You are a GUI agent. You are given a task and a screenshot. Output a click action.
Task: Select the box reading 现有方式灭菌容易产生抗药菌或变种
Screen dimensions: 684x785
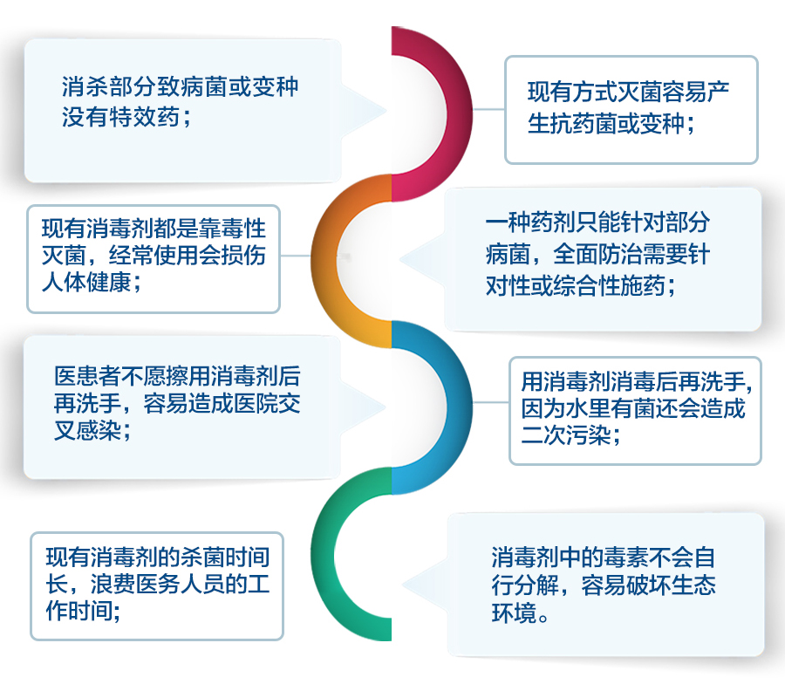coord(631,109)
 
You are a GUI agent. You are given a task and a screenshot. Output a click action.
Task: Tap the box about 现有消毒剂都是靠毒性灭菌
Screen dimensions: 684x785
coord(154,257)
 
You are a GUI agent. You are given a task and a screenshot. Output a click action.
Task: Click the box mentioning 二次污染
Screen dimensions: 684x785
coord(634,409)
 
